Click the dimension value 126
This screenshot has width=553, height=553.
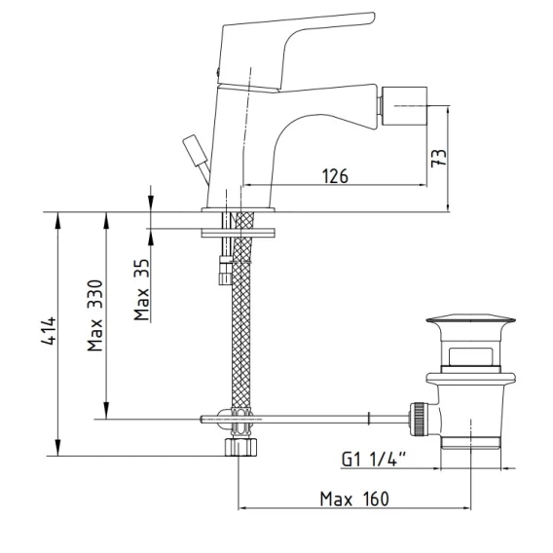tap(335, 175)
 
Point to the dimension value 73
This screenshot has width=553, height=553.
tap(438, 158)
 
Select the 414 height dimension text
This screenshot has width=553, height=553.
tap(49, 331)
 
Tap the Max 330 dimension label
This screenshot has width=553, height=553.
tap(94, 315)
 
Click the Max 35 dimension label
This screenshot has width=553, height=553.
tap(142, 289)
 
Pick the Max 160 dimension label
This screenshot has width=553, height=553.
tap(354, 499)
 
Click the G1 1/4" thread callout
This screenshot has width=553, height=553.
tap(374, 460)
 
